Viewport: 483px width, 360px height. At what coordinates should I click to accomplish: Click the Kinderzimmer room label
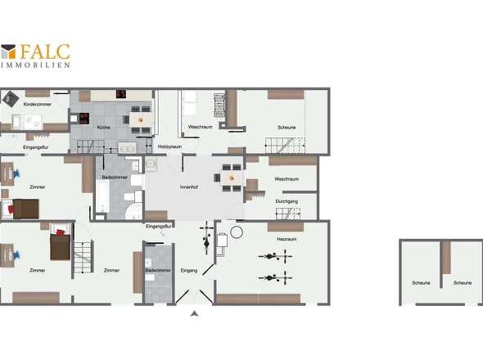pos(38,105)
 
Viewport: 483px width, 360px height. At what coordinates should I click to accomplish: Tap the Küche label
pos(103,127)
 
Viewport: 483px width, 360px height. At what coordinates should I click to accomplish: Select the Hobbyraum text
pos(169,147)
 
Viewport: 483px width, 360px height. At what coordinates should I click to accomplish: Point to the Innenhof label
pos(189,187)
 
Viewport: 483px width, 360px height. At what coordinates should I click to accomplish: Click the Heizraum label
pos(287,239)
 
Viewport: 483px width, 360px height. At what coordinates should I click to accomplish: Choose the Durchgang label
pos(287,201)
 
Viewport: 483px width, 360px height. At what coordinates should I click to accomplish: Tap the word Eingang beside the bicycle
pos(189,270)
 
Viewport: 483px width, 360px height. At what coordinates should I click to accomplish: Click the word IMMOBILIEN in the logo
pos(35,65)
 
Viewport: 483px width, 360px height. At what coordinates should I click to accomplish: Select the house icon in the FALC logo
pos(8,52)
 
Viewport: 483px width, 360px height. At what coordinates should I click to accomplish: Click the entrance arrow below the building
pos(194,314)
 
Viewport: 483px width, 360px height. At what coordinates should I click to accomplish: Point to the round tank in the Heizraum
pos(237,232)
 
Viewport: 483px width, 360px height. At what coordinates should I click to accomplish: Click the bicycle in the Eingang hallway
pos(206,238)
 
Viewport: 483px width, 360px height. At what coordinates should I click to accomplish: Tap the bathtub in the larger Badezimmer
pos(102,196)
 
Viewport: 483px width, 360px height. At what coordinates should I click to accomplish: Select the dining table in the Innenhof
pos(232,178)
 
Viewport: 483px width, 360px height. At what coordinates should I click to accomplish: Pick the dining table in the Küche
pos(141,119)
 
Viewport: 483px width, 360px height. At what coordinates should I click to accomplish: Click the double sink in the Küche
pos(127,148)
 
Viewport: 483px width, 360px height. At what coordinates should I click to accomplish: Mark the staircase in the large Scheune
pos(285,146)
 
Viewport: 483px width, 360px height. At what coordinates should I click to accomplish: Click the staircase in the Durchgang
pos(288,214)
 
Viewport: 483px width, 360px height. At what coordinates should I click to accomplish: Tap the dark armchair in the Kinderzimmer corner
pos(10,99)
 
